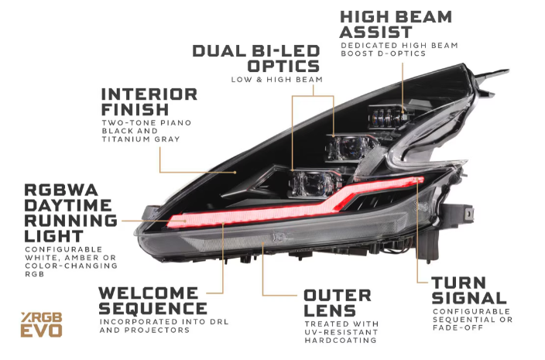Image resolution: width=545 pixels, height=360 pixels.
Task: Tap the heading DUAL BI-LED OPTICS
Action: tap(255, 58)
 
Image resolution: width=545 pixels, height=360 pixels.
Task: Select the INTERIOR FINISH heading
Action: tap(149, 101)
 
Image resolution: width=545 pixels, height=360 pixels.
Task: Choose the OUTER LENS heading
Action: tap(337, 303)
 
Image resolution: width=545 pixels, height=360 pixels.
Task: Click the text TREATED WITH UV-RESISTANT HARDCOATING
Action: tap(341, 333)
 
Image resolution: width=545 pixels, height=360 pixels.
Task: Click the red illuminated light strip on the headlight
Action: tap(255, 213)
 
